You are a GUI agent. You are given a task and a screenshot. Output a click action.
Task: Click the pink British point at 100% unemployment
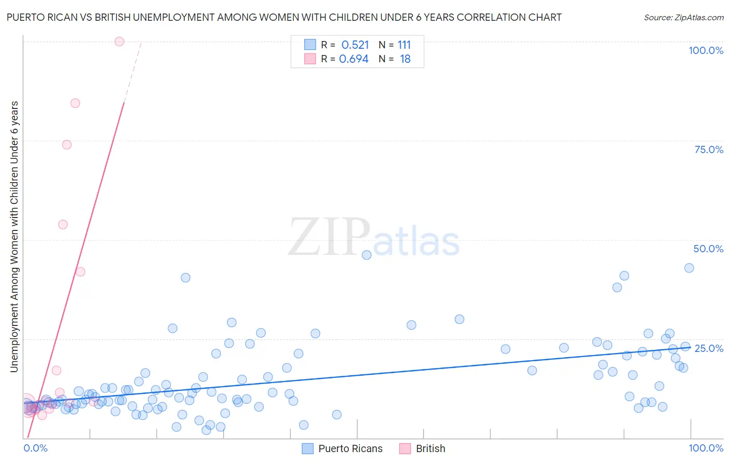tap(119, 42)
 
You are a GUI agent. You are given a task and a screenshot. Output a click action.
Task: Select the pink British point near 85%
tap(75, 103)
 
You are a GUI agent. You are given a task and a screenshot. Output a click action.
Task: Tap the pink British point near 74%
tap(67, 145)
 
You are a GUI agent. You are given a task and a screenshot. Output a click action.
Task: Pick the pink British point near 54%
tap(63, 225)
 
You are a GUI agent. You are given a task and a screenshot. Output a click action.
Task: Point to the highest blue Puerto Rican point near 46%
tap(367, 255)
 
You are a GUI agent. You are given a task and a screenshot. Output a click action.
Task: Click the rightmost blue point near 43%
tap(689, 268)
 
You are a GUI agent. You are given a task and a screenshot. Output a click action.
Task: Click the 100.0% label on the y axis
tap(706, 50)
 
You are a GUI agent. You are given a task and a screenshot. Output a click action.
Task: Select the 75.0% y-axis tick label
tap(709, 149)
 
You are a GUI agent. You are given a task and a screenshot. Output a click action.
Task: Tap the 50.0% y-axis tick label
tap(708, 249)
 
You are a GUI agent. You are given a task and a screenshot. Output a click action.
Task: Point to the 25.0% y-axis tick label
tap(709, 348)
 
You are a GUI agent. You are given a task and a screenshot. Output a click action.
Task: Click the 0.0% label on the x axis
tap(36, 448)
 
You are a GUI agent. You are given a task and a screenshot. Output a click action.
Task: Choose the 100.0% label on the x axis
tap(706, 448)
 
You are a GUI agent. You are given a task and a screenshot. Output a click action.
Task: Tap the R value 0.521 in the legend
tap(355, 45)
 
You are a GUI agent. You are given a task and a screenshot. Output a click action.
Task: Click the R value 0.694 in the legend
tap(354, 59)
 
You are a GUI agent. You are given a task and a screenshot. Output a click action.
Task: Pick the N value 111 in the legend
tap(404, 45)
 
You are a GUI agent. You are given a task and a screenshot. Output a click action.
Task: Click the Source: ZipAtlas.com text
tap(683, 18)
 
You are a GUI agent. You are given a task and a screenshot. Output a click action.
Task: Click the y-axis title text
tap(14, 236)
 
